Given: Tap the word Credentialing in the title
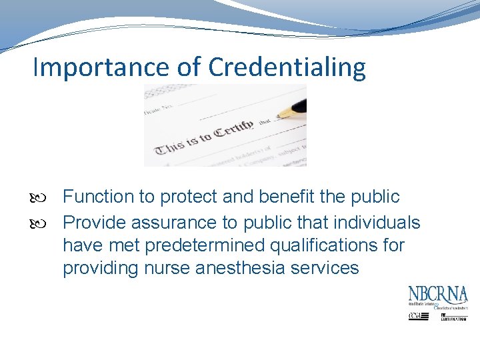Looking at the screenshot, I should (x=287, y=68).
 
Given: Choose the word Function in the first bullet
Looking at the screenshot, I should (x=99, y=197).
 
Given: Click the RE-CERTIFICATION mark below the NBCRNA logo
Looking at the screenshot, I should (x=453, y=318).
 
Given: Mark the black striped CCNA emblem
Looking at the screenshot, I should (x=419, y=316).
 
